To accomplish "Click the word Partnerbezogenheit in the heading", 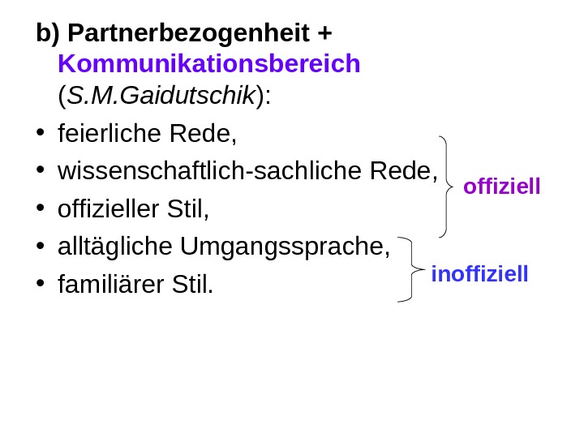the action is coord(188,34).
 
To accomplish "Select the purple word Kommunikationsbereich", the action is coord(209,64).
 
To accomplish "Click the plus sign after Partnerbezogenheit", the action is coord(325,35).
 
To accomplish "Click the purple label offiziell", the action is coord(501,188).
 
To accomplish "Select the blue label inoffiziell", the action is coord(479,274).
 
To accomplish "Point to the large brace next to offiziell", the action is coord(446,187).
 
